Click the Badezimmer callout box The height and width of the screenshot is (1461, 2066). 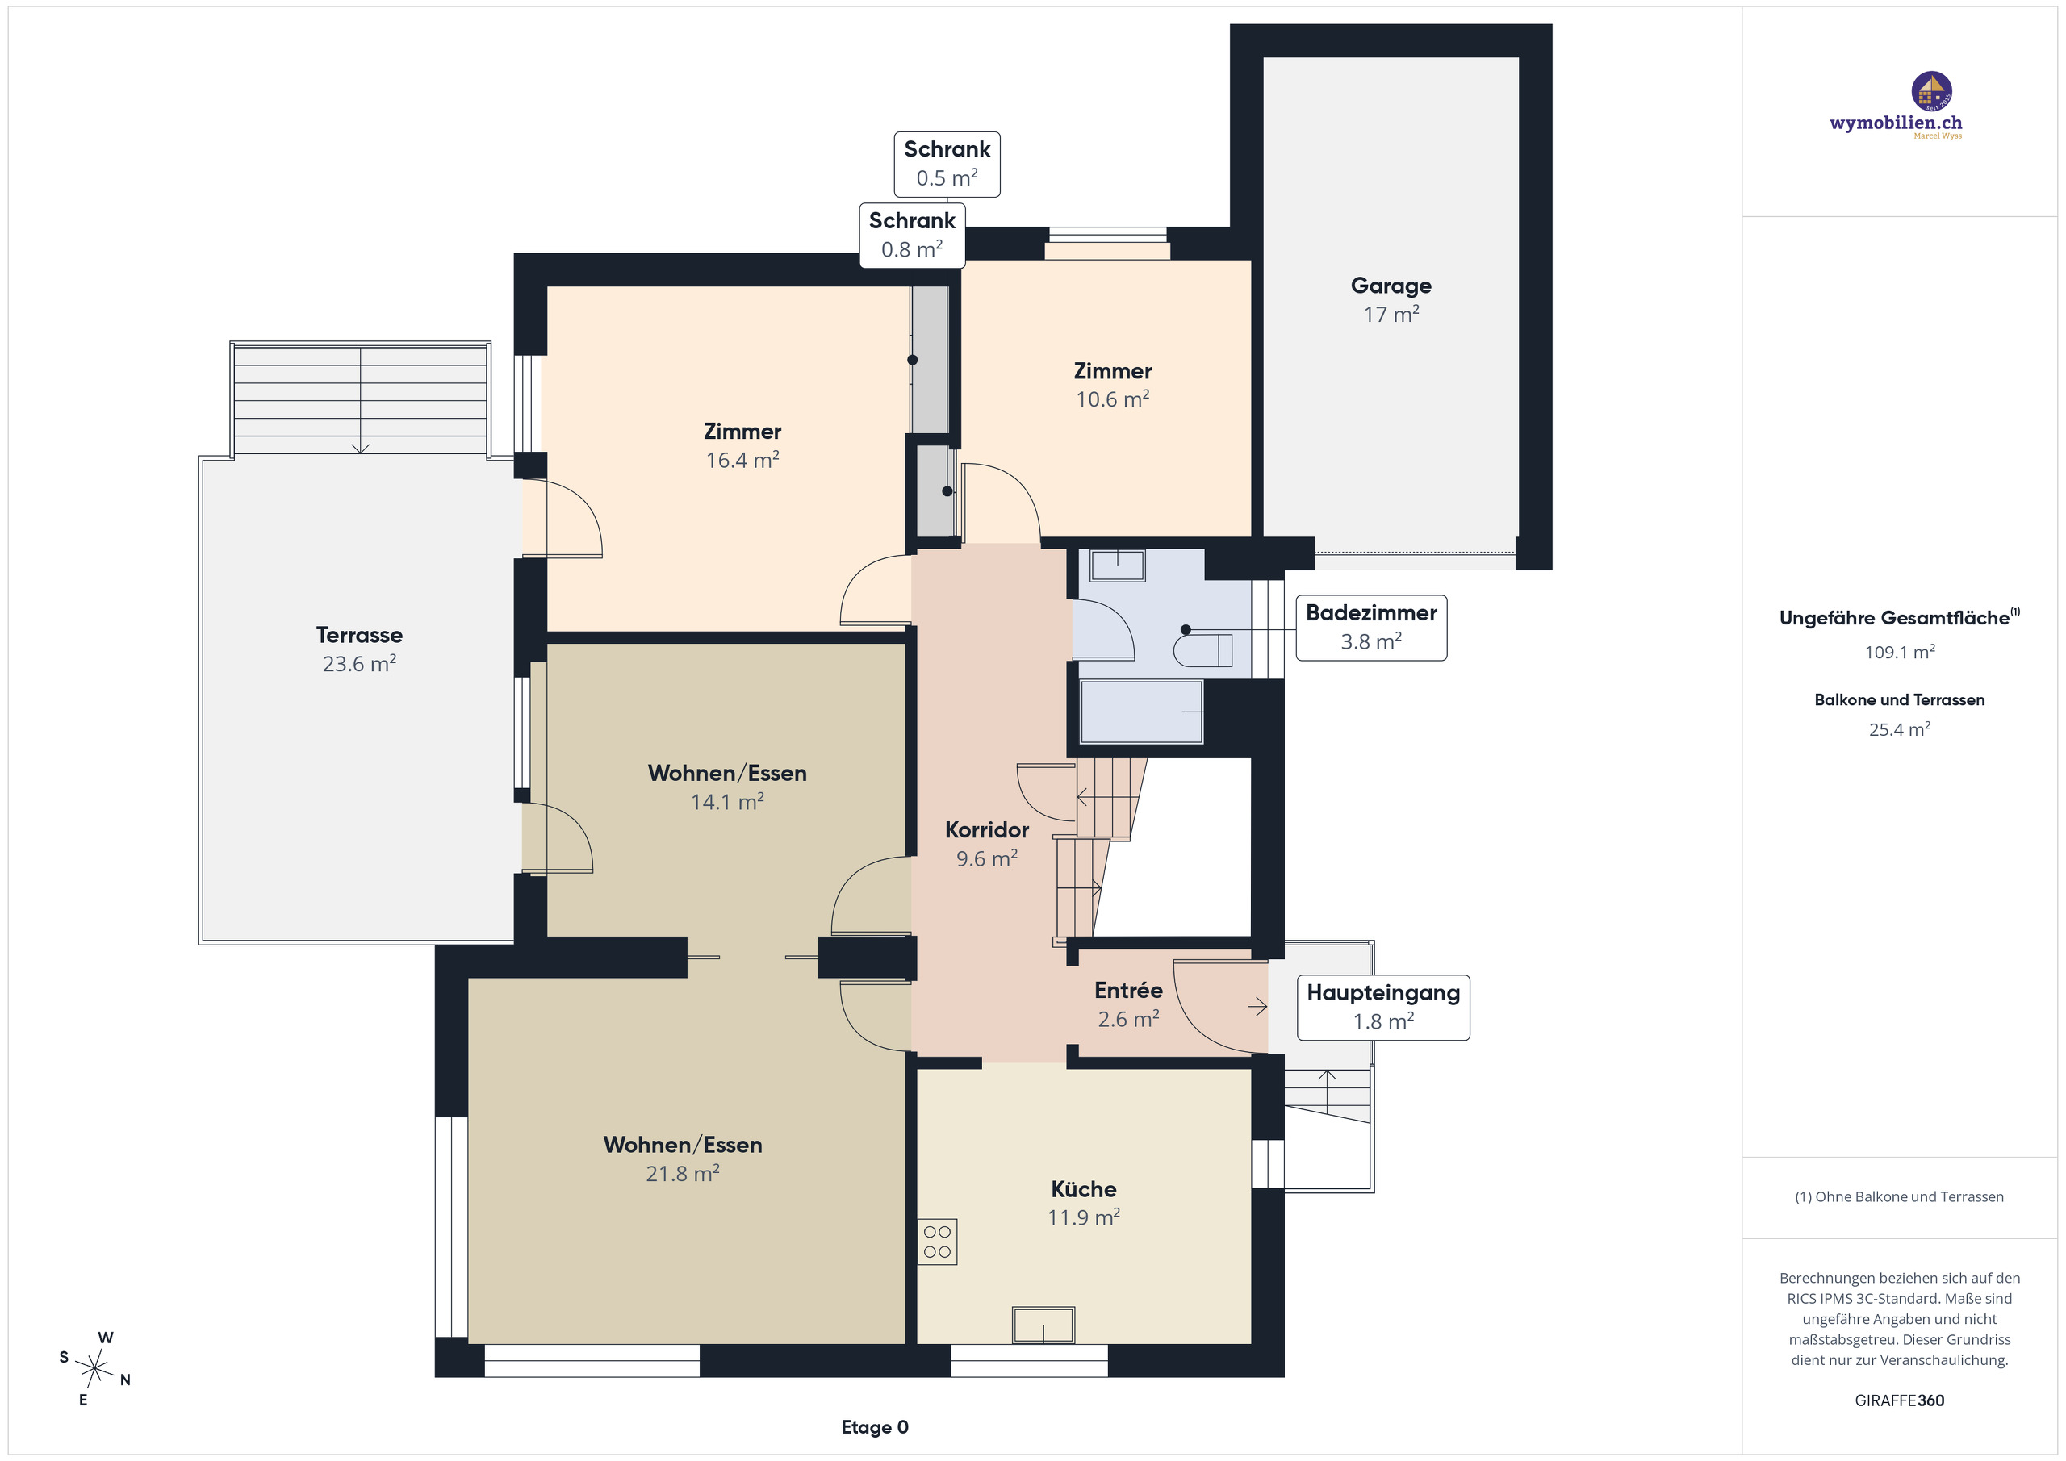click(x=1370, y=628)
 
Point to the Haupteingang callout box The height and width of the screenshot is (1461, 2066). click(x=1383, y=1008)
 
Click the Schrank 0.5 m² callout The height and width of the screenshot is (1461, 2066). click(x=947, y=164)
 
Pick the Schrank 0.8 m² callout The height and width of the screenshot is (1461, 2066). click(x=911, y=235)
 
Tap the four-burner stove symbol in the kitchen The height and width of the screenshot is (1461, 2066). click(x=937, y=1242)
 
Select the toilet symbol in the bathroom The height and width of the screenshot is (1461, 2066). click(x=1203, y=650)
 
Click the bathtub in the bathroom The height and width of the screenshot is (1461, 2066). click(x=1141, y=712)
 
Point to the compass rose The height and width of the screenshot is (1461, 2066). click(x=94, y=1369)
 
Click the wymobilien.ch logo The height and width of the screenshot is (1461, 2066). click(x=1897, y=106)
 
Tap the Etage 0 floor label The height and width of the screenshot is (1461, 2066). click(x=875, y=1427)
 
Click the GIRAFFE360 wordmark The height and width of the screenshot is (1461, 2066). click(x=1900, y=1400)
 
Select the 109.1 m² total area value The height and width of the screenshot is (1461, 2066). click(x=1900, y=651)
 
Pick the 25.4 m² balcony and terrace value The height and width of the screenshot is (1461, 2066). click(x=1900, y=728)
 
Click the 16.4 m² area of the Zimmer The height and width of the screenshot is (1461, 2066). click(x=742, y=460)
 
